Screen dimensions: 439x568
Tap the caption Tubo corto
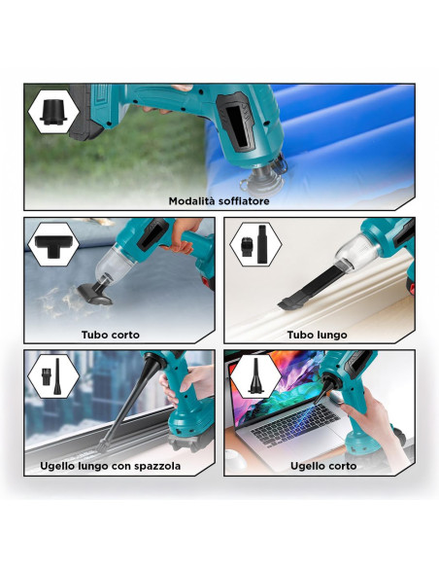pyautogui.click(x=111, y=335)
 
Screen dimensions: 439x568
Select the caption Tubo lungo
pyautogui.click(x=318, y=335)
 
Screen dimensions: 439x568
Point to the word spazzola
pyautogui.click(x=157, y=466)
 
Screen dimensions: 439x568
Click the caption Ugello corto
pyautogui.click(x=323, y=466)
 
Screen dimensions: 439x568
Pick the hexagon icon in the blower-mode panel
pyautogui.click(x=53, y=112)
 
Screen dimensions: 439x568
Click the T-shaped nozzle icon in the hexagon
pyautogui.click(x=53, y=243)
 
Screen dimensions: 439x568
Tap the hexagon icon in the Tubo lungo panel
pyautogui.click(x=255, y=244)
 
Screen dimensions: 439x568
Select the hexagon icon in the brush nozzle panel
pyautogui.click(x=53, y=376)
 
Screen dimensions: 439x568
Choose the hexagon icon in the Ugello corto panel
pyautogui.click(x=255, y=376)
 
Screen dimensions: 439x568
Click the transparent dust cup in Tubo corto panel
pyautogui.click(x=112, y=262)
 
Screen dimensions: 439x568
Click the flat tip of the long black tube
pyautogui.click(x=288, y=302)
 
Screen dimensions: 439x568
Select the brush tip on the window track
pyautogui.click(x=102, y=444)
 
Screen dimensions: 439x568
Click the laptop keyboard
pyautogui.click(x=294, y=425)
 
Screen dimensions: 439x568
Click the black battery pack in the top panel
pyautogui.click(x=84, y=112)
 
